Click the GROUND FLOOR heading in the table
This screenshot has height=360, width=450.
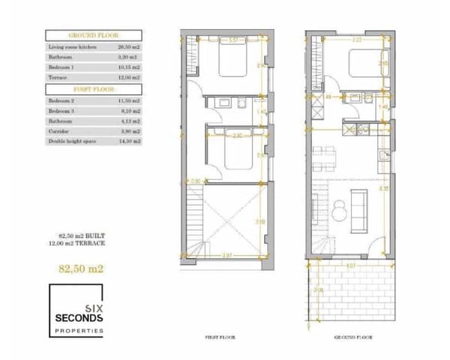[94, 36]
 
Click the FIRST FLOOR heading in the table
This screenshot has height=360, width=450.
[94, 88]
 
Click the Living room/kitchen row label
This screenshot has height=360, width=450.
[71, 46]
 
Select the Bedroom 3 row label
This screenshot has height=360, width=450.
[62, 109]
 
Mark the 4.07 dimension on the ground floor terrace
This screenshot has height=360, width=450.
[351, 265]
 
